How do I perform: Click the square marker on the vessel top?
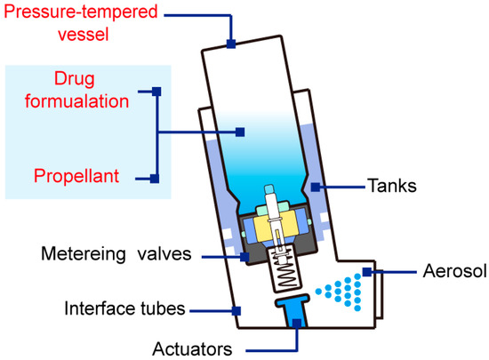point(231,43)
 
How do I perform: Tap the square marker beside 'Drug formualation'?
point(156,91)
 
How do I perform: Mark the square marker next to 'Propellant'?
point(156,178)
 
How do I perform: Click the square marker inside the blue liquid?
point(239,133)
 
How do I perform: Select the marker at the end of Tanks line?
point(317,187)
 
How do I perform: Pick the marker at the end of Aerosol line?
point(374,271)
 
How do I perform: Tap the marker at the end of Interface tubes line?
point(236,309)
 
